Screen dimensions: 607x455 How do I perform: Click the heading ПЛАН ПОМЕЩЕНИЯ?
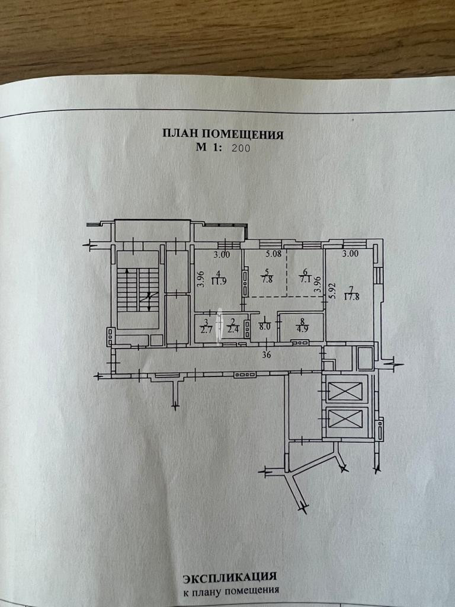(223, 135)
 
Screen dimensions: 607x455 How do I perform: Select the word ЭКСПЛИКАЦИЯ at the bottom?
(230, 577)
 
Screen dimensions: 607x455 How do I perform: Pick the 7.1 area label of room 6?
(306, 280)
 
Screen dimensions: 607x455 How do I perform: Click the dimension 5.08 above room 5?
(273, 255)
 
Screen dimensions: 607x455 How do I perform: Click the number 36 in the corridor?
(267, 355)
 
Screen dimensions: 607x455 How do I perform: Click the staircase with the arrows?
(138, 289)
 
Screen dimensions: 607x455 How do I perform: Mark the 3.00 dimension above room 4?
(222, 255)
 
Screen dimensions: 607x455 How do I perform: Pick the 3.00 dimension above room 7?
(350, 254)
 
